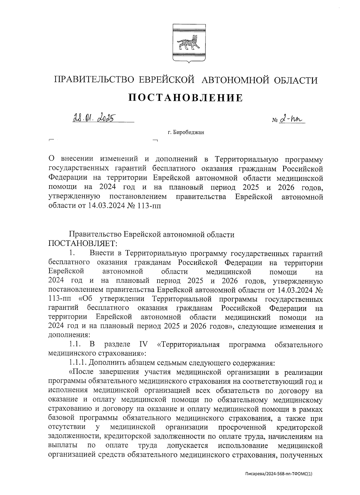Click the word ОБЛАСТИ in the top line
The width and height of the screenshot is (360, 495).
click(295, 80)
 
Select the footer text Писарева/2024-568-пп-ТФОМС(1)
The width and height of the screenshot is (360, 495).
click(279, 474)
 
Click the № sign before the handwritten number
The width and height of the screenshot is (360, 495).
click(274, 121)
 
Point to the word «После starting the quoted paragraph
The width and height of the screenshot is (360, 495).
click(81, 372)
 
